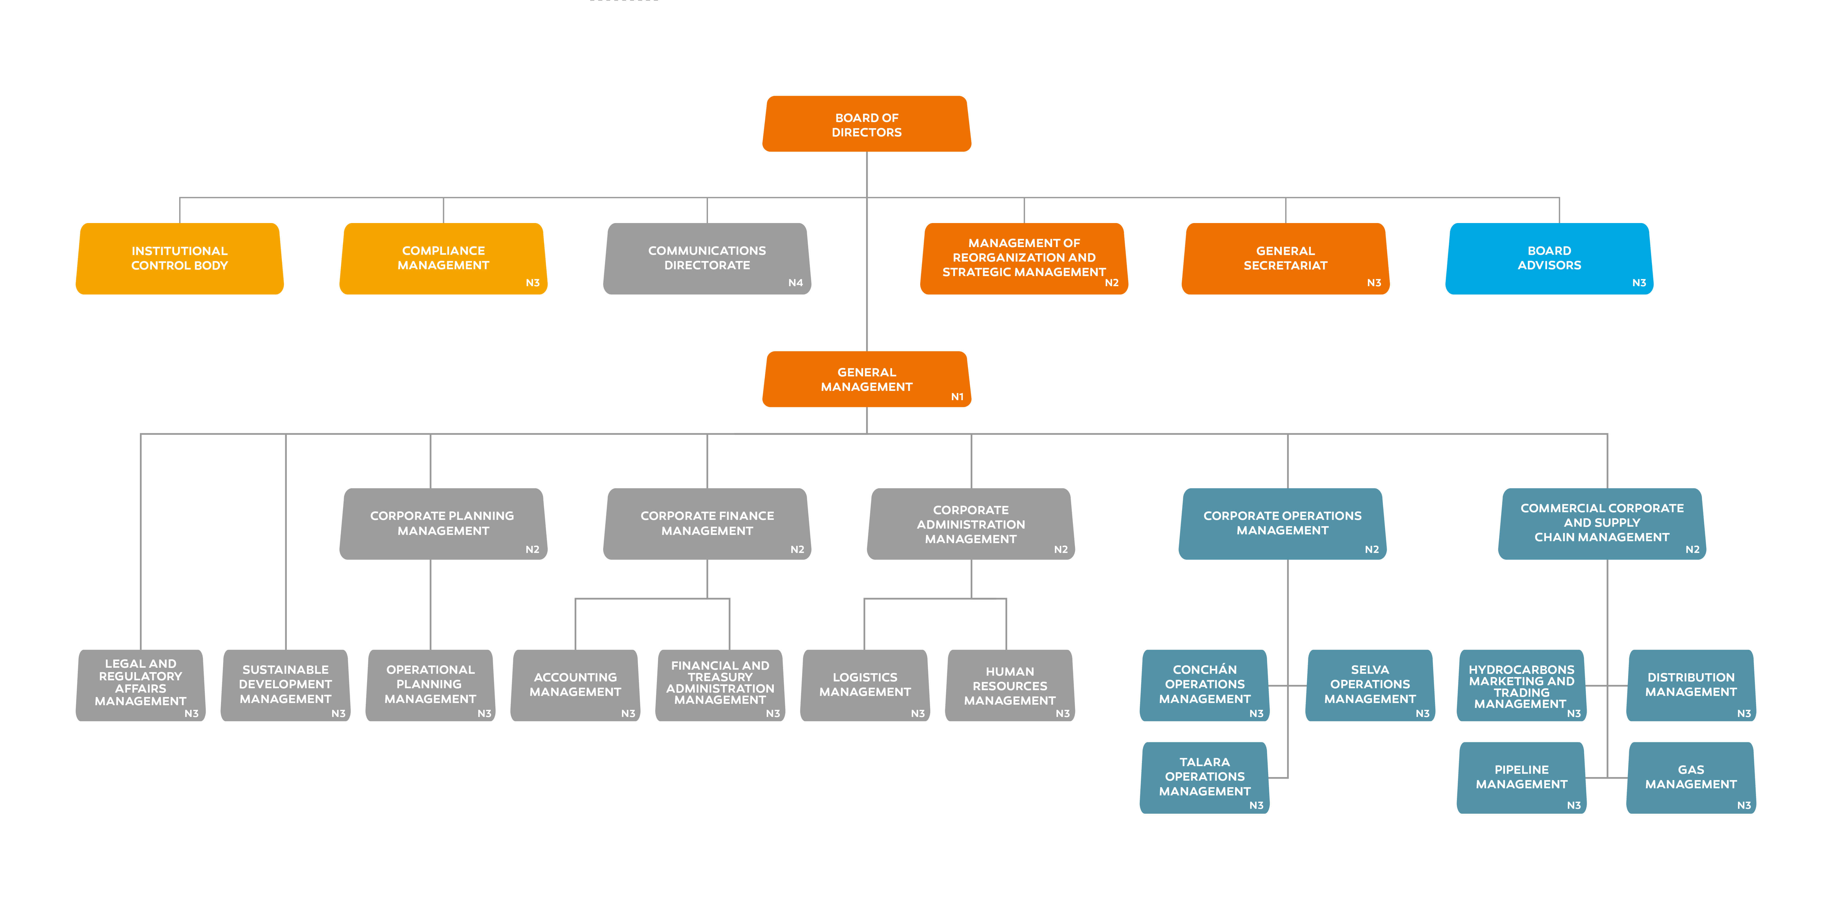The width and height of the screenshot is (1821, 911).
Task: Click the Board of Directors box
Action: click(867, 124)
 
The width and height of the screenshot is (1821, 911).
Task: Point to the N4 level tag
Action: click(795, 283)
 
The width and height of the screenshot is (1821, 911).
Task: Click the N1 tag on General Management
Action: click(957, 397)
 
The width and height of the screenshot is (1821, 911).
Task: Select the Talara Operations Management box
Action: click(1205, 777)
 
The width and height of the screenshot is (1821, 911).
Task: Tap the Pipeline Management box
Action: click(1521, 777)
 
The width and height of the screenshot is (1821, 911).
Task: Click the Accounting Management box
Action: click(575, 685)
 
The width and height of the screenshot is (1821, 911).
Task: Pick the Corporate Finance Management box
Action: click(707, 523)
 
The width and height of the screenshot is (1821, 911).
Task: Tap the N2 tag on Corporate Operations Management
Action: click(1371, 550)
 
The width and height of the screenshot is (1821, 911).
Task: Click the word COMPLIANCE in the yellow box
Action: click(443, 250)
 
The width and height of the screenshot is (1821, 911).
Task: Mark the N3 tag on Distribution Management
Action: click(1744, 714)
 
